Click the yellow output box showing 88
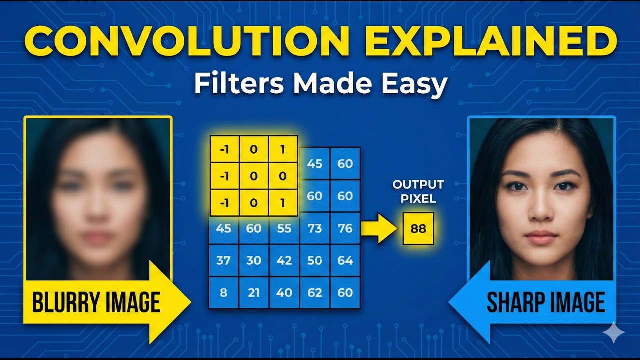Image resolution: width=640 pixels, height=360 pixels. pyautogui.click(x=418, y=228)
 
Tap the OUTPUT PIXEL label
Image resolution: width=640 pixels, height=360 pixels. pyautogui.click(x=418, y=191)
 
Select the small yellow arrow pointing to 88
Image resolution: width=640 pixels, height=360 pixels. pyautogui.click(x=378, y=228)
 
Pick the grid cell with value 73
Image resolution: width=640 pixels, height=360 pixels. pyautogui.click(x=315, y=228)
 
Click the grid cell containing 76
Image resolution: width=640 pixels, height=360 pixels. pyautogui.click(x=345, y=228)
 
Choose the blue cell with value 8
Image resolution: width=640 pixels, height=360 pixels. pyautogui.click(x=223, y=292)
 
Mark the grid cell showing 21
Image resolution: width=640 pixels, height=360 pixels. pyautogui.click(x=254, y=292)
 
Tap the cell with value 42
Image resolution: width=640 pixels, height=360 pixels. pyautogui.click(x=284, y=260)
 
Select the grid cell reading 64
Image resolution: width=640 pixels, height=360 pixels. pyautogui.click(x=345, y=260)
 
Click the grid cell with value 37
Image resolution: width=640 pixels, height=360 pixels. pyautogui.click(x=223, y=260)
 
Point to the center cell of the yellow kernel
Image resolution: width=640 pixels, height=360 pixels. pyautogui.click(x=254, y=176)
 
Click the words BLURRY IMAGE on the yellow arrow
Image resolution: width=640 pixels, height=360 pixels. pyautogui.click(x=96, y=302)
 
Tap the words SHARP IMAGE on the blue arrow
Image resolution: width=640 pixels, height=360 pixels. pyautogui.click(x=546, y=302)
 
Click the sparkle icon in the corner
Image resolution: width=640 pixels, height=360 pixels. pyautogui.click(x=613, y=332)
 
